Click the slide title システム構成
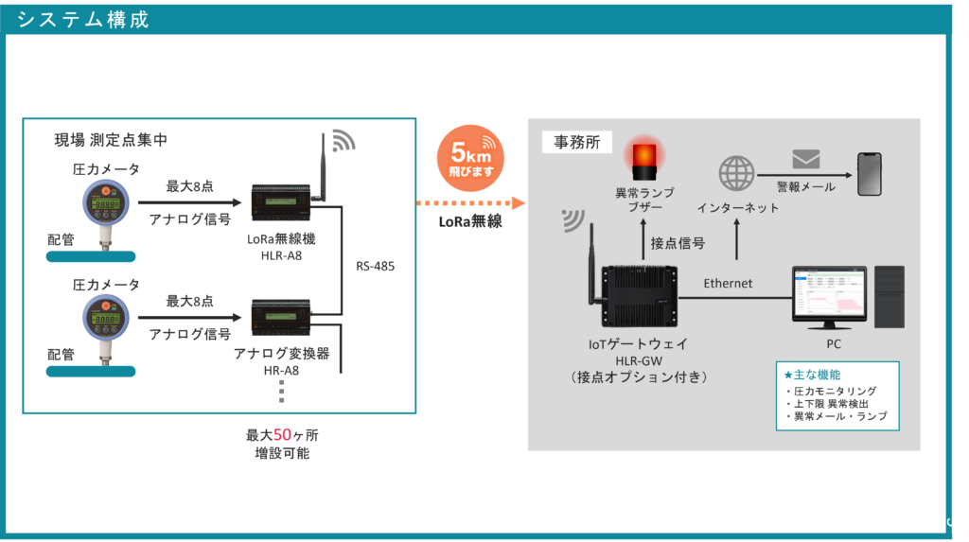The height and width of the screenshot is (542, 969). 83,20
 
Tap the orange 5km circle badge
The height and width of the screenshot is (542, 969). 470,158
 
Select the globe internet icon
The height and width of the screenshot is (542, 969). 736,174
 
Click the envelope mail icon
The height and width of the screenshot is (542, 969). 805,159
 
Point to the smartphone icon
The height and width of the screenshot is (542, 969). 869,174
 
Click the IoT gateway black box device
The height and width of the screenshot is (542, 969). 645,292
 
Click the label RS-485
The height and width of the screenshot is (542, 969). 375,266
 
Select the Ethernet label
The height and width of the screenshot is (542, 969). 728,283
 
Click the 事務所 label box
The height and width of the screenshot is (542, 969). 576,143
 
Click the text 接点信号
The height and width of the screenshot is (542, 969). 678,243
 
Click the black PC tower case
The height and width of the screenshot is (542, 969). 890,296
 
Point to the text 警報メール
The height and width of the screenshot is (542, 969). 805,186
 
